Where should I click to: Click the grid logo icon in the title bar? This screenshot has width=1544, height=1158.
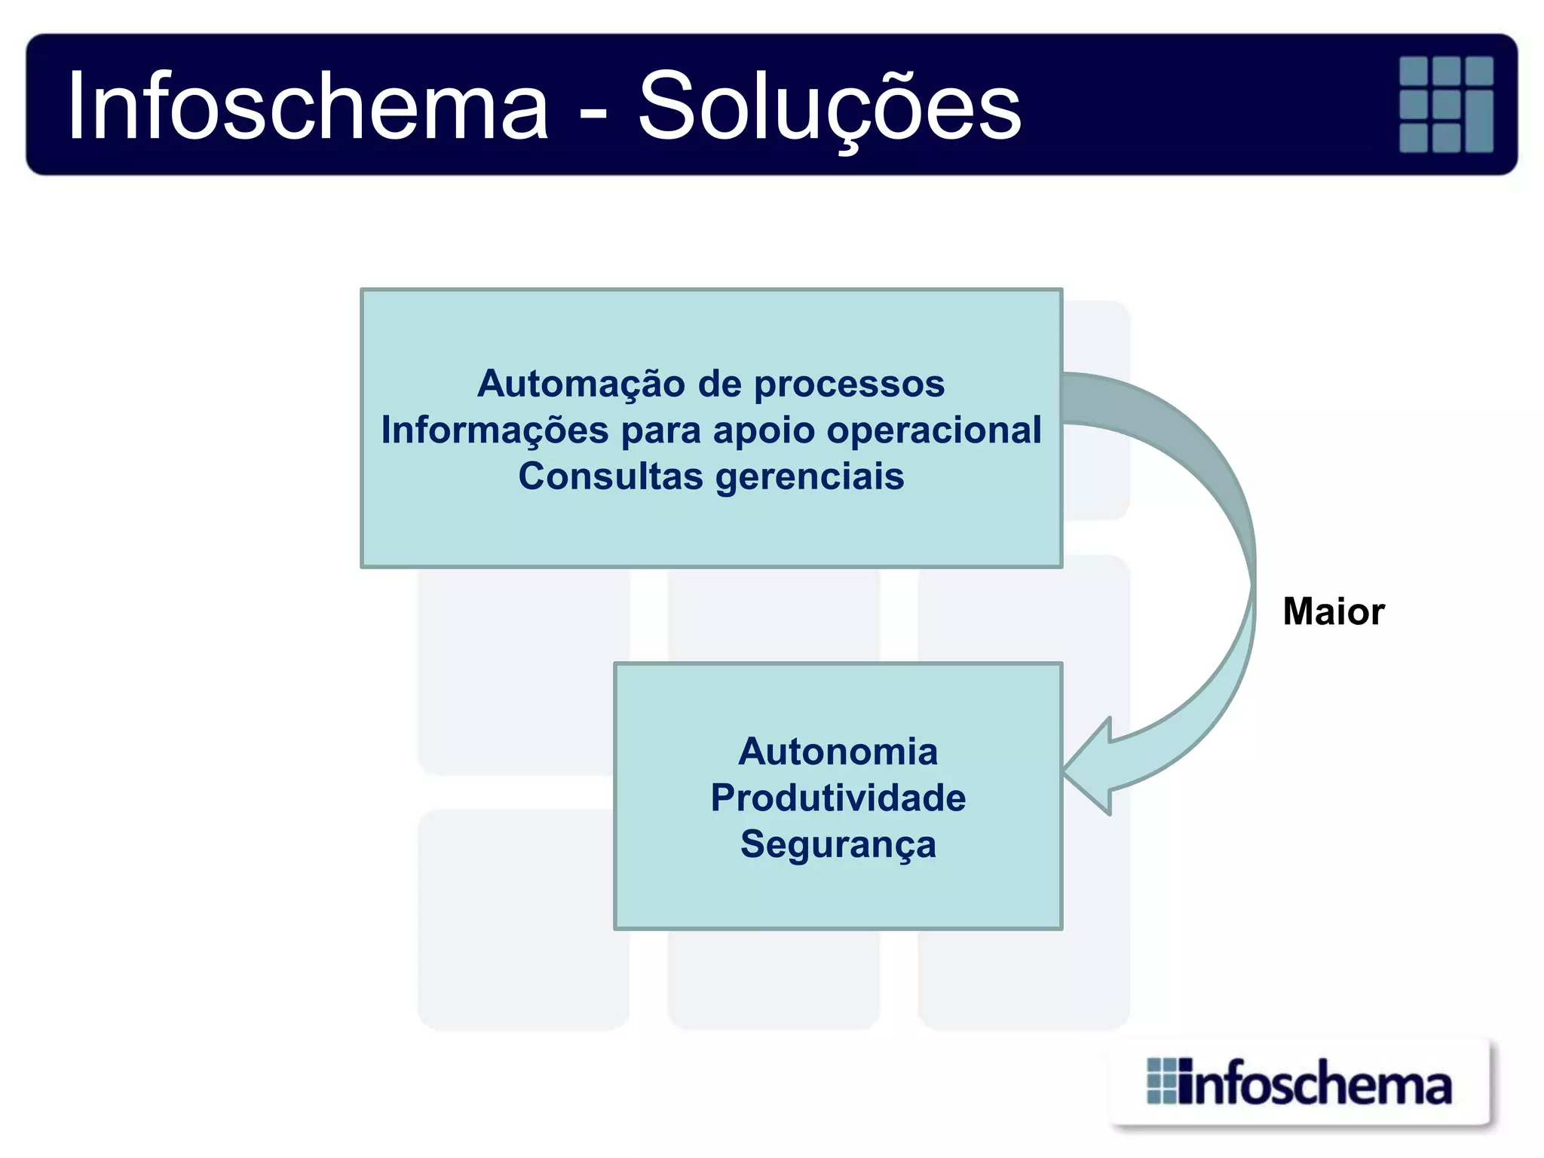point(1446,104)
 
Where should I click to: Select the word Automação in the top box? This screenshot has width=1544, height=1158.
point(581,384)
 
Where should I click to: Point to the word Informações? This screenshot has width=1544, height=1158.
point(495,430)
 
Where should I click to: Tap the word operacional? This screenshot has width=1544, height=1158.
point(934,430)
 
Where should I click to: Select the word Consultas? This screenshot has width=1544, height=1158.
point(611,477)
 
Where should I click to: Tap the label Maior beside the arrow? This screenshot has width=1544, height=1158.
point(1333,611)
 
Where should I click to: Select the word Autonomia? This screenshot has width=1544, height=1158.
point(838,752)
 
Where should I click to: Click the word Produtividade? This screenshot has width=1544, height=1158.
point(838,798)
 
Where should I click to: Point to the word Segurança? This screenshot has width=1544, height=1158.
point(838,844)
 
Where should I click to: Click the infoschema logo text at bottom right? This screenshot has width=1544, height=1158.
point(1316,1085)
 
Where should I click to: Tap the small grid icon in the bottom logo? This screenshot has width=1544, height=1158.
point(1161,1081)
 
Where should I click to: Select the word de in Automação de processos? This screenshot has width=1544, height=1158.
point(719,384)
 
